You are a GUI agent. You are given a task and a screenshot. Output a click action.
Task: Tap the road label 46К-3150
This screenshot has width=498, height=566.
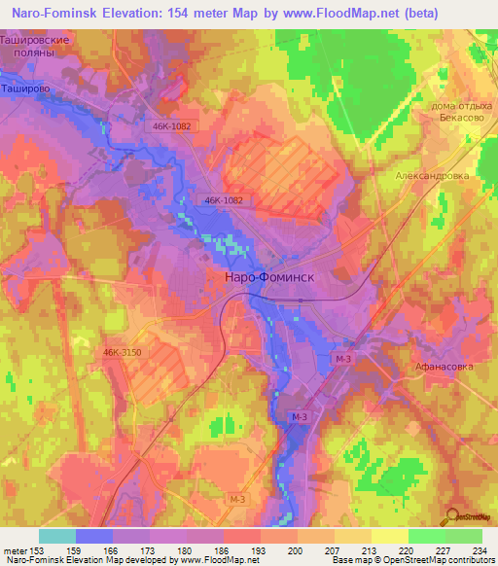(x=121, y=353)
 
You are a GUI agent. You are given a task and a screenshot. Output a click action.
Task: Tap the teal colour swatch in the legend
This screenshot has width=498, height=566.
(x=57, y=536)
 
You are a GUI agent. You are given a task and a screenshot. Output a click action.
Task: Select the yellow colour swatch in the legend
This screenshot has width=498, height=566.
(x=389, y=536)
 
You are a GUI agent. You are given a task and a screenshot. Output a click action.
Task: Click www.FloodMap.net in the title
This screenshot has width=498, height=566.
(x=334, y=13)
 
